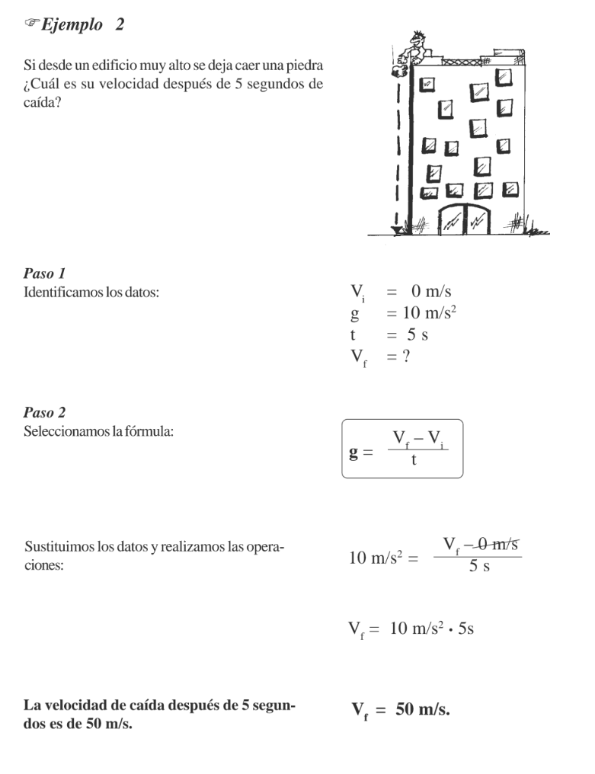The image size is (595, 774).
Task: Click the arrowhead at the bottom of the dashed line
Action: pos(396,229)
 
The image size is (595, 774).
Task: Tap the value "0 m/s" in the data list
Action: pos(431,291)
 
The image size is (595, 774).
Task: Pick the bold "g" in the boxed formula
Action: pos(353,453)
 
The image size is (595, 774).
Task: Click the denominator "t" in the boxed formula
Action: pos(413,459)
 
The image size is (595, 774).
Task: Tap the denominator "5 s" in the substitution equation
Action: pos(479,567)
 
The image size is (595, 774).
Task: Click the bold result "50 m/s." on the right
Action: pos(423,710)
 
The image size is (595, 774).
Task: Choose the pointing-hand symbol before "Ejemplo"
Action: pos(30,25)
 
